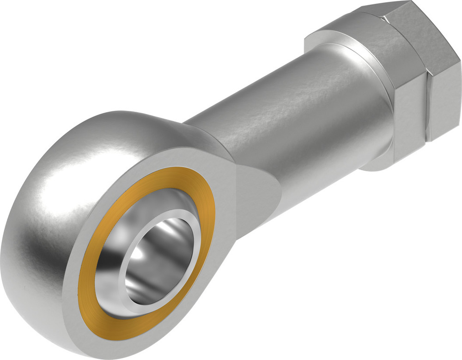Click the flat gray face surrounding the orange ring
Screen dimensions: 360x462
217,194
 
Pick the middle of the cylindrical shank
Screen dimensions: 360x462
286,120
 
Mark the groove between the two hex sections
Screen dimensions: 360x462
427,102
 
